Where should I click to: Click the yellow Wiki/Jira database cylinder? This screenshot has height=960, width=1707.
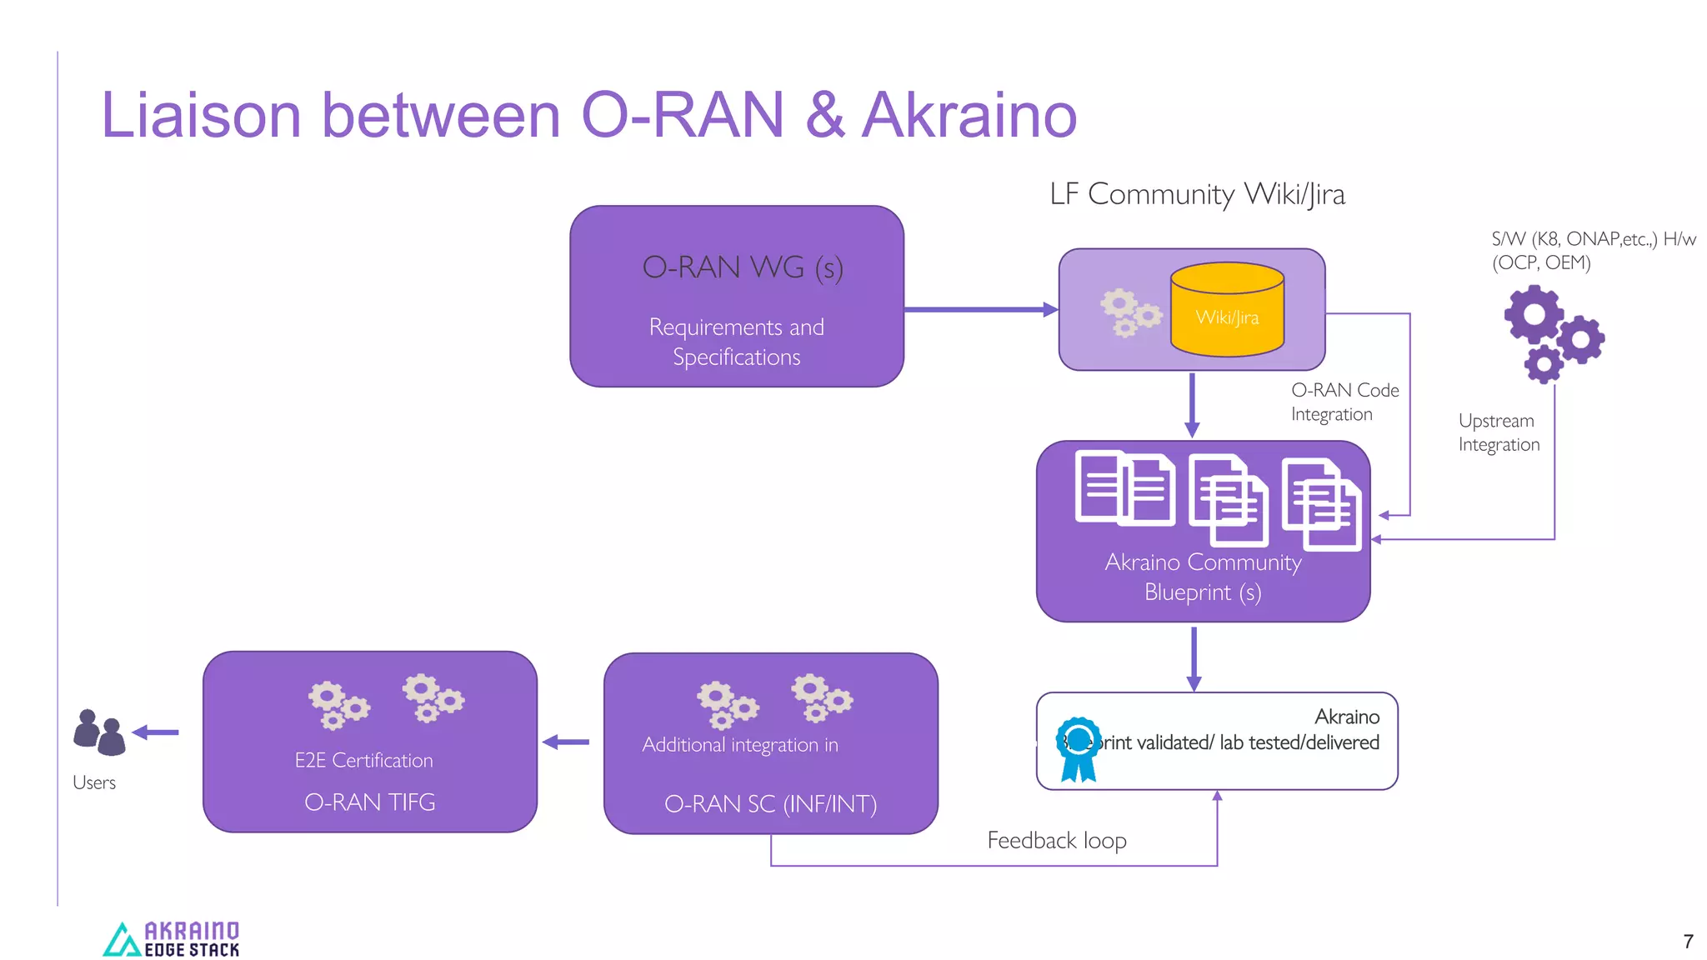tap(1227, 310)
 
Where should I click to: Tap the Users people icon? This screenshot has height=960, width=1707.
tap(99, 732)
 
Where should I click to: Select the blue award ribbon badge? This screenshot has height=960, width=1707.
tap(1078, 748)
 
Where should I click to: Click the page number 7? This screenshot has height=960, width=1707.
tap(1688, 942)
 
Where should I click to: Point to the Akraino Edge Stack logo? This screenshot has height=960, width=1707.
tap(172, 939)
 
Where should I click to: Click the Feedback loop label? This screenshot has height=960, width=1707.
tap(1056, 840)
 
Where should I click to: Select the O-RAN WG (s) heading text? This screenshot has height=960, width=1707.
tap(742, 267)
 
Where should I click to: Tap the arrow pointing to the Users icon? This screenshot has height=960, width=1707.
tap(156, 732)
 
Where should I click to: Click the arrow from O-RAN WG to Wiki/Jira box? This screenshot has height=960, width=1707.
tap(980, 310)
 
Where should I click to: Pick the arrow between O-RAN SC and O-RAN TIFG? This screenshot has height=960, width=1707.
tap(566, 742)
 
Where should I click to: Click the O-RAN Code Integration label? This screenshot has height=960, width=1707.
tap(1344, 402)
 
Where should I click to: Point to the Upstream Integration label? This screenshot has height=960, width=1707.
tap(1498, 432)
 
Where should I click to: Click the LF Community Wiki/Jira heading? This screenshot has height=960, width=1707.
tap(1197, 194)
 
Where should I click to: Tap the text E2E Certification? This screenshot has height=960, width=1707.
tap(363, 760)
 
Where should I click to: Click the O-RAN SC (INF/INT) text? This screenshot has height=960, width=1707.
tap(770, 803)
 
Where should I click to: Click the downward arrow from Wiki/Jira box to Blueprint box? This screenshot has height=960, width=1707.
tap(1192, 405)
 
